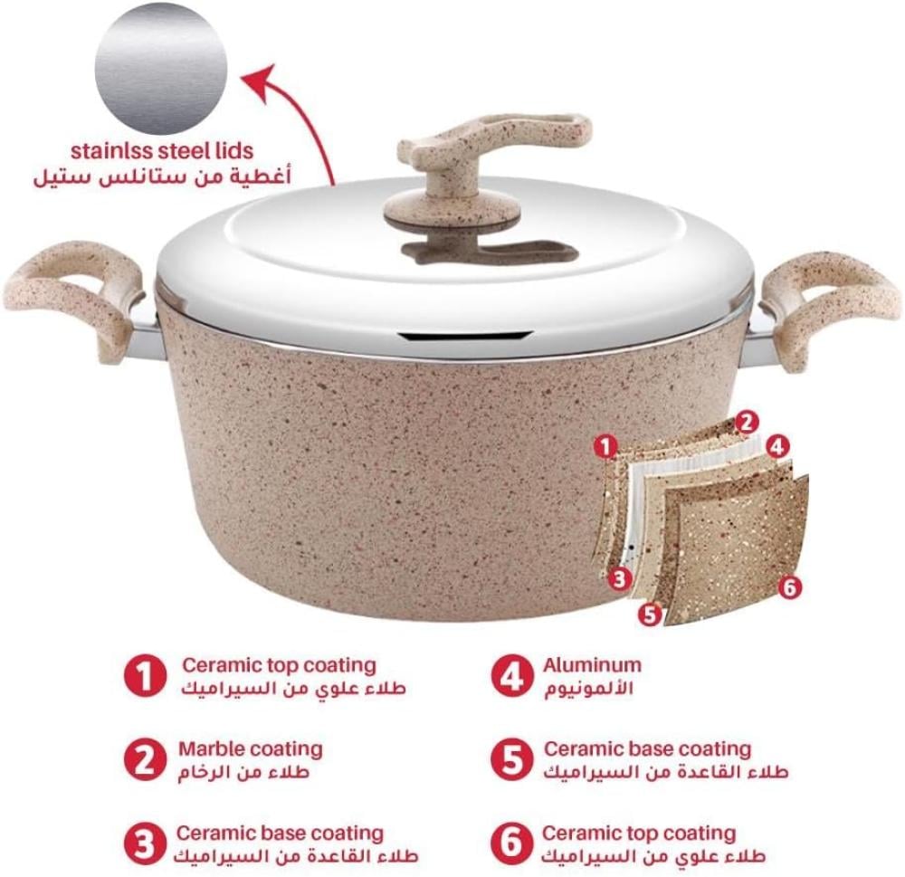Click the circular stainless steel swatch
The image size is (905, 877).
click(x=161, y=68)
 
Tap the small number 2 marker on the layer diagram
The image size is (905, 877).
click(x=747, y=423)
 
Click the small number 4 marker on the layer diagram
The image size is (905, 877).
click(x=777, y=446)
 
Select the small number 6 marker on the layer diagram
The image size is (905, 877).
click(x=789, y=587)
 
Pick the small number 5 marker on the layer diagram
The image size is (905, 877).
click(x=651, y=615)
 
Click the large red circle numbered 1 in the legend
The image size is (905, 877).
click(x=145, y=675)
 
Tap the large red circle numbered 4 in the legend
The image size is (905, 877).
click(x=511, y=675)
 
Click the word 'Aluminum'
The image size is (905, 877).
click(x=592, y=664)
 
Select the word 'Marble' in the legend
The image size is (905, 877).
click(x=213, y=748)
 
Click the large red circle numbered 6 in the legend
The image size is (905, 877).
click(x=511, y=843)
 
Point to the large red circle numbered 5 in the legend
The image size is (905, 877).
click(x=511, y=759)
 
